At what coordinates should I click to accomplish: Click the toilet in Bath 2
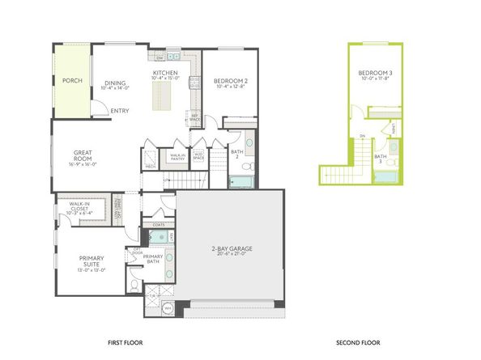pyautogui.click(x=251, y=167)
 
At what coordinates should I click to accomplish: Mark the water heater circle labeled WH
pyautogui.click(x=168, y=308)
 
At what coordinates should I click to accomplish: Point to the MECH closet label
pyautogui.click(x=151, y=166)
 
